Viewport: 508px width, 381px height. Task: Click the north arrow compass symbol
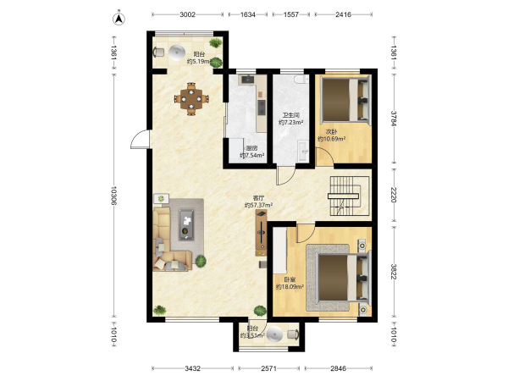119,19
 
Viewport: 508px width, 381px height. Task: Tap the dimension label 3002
188,14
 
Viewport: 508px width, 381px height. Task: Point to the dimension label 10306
113,196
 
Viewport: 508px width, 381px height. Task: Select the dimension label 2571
269,368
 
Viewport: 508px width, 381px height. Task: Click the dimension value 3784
394,119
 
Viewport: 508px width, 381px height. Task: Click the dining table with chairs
191,99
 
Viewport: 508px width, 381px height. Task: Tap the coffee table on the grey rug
186,224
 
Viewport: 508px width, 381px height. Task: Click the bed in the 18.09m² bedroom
345,278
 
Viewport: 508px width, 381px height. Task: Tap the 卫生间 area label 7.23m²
291,123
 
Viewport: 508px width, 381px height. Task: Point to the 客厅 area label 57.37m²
258,205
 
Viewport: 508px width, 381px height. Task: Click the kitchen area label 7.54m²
252,156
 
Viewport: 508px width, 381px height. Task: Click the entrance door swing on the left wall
140,140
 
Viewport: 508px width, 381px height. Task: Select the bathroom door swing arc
286,176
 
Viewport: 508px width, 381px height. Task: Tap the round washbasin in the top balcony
177,52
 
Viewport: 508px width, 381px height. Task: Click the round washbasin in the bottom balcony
275,334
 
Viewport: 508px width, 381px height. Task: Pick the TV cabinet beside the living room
261,233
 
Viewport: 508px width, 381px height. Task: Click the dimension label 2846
338,368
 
